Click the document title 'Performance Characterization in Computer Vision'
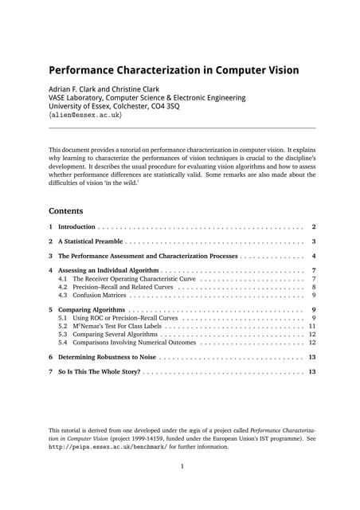[174, 70]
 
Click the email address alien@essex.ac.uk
[87, 115]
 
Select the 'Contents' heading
[71, 211]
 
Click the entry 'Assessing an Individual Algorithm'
[112, 271]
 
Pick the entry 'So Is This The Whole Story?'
[100, 372]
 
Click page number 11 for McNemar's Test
[312, 327]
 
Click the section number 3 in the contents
[51, 257]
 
